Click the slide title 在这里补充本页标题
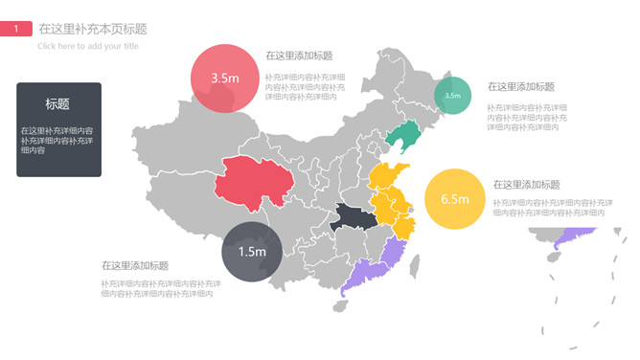click(x=93, y=30)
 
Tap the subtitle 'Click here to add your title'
click(x=88, y=46)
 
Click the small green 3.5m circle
click(x=452, y=95)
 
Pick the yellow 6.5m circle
click(x=454, y=199)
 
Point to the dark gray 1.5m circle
click(x=251, y=252)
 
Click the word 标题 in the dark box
click(x=57, y=103)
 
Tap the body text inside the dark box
click(x=57, y=140)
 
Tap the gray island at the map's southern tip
click(x=341, y=306)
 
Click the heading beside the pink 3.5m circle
click(x=299, y=56)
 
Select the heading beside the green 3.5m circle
click(x=521, y=87)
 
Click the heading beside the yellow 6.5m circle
click(x=527, y=185)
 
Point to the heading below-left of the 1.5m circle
click(x=135, y=266)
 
